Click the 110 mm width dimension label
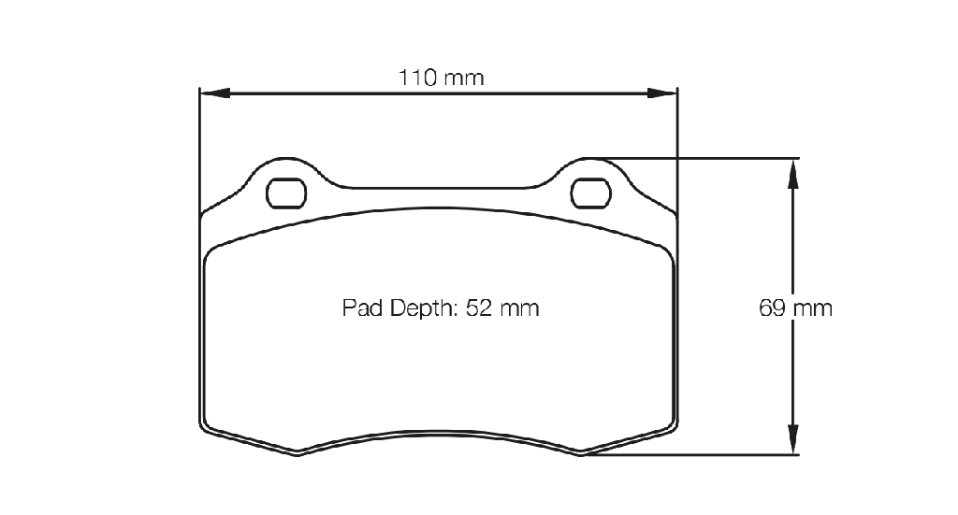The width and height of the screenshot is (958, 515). pos(442,78)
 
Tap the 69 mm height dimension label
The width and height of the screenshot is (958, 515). pos(795,308)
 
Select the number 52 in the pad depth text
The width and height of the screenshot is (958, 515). pos(478,308)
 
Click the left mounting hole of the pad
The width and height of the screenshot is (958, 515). pos(286,193)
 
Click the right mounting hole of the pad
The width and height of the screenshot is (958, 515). pos(591,193)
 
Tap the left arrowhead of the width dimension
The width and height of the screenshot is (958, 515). pos(215,93)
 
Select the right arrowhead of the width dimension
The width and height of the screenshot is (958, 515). pos(662,93)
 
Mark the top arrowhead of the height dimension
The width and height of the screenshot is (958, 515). pos(792,173)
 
